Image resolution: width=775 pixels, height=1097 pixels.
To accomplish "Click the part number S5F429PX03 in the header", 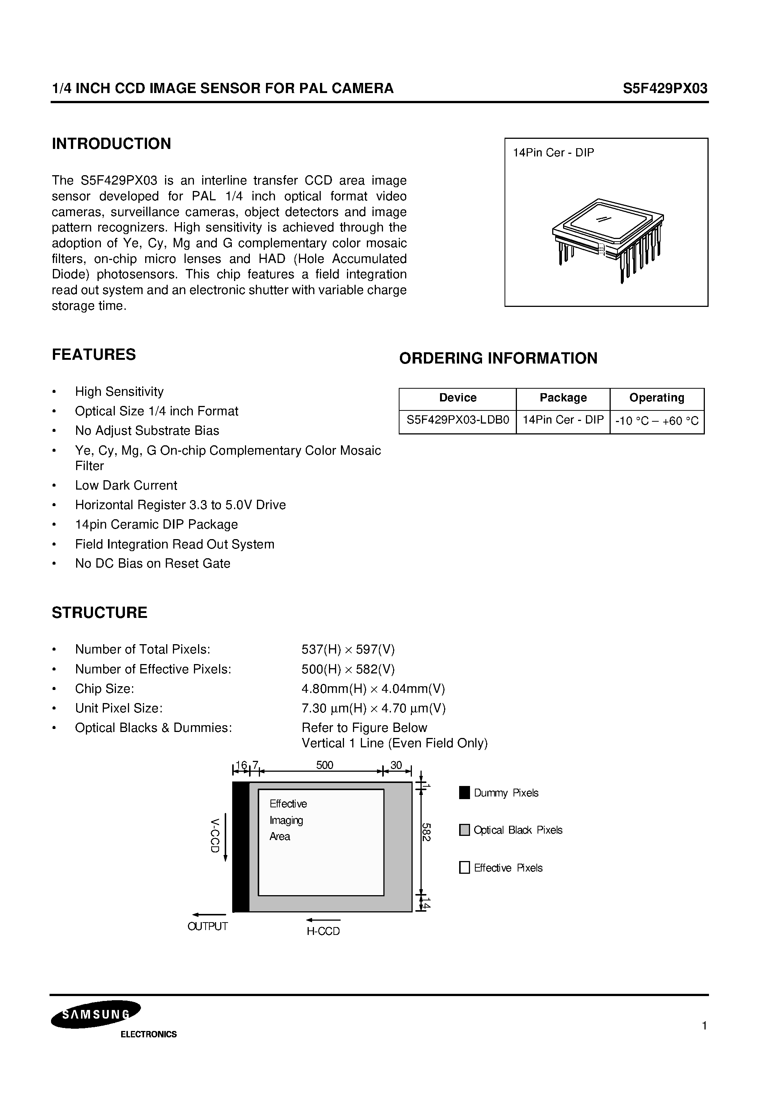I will [x=665, y=89].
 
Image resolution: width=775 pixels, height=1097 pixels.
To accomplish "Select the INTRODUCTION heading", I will [x=111, y=144].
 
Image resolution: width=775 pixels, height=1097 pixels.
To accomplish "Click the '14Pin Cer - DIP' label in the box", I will [x=553, y=153].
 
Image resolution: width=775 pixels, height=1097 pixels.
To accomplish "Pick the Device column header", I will [x=457, y=398].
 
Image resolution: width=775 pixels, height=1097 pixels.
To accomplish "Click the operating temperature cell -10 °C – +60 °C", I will [x=656, y=421].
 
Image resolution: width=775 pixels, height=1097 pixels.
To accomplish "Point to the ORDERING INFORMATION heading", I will [x=498, y=358].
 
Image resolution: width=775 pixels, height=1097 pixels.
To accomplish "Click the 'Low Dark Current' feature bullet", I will [x=126, y=485].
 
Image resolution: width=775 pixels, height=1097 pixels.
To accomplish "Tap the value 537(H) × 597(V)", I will [x=348, y=649].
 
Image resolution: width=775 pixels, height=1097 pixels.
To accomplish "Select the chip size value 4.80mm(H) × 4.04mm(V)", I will [x=373, y=688].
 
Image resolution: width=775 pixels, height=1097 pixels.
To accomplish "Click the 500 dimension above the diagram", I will [x=324, y=765].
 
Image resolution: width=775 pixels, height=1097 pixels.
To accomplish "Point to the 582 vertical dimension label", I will [x=426, y=832].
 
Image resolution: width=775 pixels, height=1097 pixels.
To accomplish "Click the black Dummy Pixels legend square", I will [x=464, y=793].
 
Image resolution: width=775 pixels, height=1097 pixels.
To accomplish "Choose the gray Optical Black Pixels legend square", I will [x=464, y=830].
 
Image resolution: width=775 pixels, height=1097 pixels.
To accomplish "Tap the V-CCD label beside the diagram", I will [x=215, y=835].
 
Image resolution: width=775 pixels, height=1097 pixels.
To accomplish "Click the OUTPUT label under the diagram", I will [x=207, y=926].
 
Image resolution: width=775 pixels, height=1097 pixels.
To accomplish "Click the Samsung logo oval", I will [x=96, y=1014].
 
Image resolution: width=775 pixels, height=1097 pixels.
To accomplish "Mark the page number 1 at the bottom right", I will [x=704, y=1025].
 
